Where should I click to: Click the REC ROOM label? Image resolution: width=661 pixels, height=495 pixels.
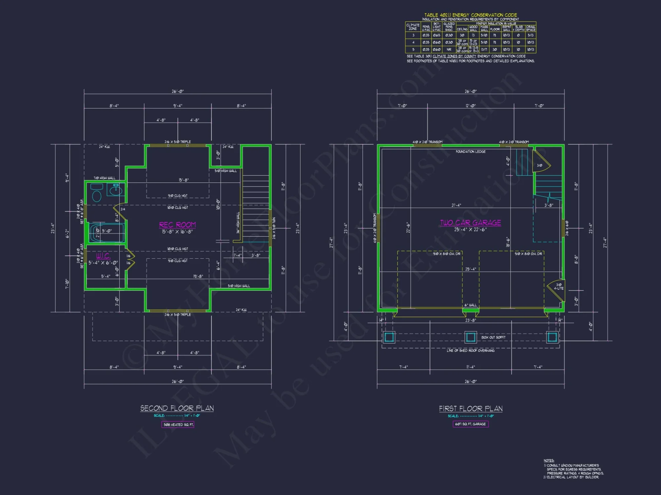point(177,225)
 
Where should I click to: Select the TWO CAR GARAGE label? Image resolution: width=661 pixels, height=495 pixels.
point(470,223)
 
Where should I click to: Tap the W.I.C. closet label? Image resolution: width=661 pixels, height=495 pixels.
point(103,256)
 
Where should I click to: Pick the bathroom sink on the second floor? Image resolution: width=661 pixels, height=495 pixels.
point(115,190)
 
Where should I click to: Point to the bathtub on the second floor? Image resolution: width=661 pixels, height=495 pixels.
point(106,233)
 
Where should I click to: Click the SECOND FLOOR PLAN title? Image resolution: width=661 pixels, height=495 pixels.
point(177,408)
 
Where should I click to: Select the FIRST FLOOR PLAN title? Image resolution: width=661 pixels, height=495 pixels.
point(471,409)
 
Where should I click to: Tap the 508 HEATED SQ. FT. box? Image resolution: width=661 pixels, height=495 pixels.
point(178,425)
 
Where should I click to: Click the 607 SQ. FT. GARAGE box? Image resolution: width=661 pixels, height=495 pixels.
point(470,424)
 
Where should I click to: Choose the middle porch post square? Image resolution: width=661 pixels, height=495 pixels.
point(470,337)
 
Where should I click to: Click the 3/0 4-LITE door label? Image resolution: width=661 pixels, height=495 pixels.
point(559,286)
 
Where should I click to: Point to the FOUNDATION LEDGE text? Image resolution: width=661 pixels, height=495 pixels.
point(471,152)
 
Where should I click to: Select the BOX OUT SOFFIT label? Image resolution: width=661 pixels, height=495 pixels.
point(493,337)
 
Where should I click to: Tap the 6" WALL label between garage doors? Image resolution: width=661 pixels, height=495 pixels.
point(471,305)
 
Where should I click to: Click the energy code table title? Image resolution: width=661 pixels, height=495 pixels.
point(471,15)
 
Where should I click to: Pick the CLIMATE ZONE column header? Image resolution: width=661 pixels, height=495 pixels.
point(413,27)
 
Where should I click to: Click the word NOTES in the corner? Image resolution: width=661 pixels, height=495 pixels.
point(549,460)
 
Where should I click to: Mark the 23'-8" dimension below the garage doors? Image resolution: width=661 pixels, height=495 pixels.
point(471,320)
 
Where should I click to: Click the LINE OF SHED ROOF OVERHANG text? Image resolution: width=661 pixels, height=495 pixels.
point(471,350)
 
